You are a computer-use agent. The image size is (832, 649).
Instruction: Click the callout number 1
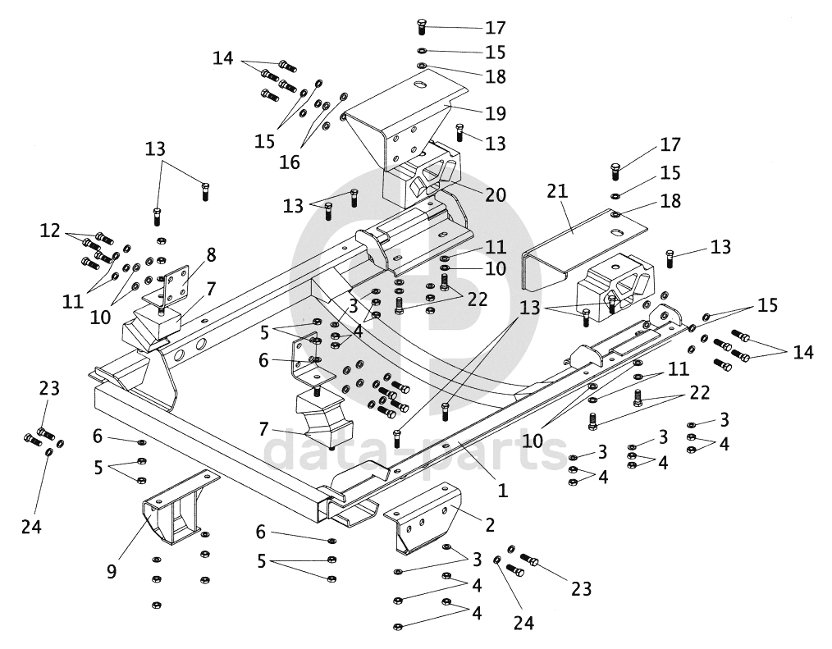pyautogui.click(x=502, y=491)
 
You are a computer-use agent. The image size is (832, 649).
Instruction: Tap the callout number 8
pyautogui.click(x=211, y=254)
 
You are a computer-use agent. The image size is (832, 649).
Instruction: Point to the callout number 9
pyautogui.click(x=112, y=568)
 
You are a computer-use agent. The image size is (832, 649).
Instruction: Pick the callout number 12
pyautogui.click(x=51, y=231)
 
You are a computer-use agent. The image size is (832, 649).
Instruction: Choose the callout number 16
pyautogui.click(x=290, y=162)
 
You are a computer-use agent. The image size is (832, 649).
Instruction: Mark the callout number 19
pyautogui.click(x=495, y=112)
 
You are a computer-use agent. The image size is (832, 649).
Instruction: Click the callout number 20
pyautogui.click(x=495, y=195)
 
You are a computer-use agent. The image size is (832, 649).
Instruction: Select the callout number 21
pyautogui.click(x=557, y=192)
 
